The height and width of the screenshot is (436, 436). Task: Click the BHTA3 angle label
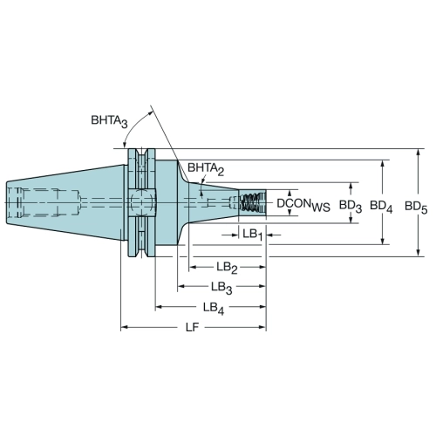point(109,121)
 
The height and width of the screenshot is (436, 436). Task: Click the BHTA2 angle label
point(206,168)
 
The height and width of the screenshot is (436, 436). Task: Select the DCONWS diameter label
point(303,204)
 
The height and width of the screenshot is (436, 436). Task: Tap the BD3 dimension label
point(351,206)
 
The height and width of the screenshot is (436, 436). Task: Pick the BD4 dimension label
point(381,207)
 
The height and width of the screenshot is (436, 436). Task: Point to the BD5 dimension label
point(416,208)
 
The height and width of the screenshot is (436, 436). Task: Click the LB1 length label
point(253,235)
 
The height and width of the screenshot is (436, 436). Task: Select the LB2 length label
point(227,268)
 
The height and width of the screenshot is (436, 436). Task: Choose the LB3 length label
point(221,288)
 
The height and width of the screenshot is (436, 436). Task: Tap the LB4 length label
point(214,308)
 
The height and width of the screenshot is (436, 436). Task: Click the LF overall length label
point(192,327)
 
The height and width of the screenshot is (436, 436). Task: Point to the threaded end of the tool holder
point(252,202)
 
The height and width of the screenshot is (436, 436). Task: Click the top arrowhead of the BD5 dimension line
point(419,153)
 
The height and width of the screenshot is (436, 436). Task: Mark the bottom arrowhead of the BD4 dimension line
point(383,241)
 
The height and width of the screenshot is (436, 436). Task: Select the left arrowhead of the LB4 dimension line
point(159,307)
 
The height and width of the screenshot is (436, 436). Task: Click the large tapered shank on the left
point(66,202)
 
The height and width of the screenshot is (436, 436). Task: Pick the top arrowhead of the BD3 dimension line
point(351,187)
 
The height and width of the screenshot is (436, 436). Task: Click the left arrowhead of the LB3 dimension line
point(181,286)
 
